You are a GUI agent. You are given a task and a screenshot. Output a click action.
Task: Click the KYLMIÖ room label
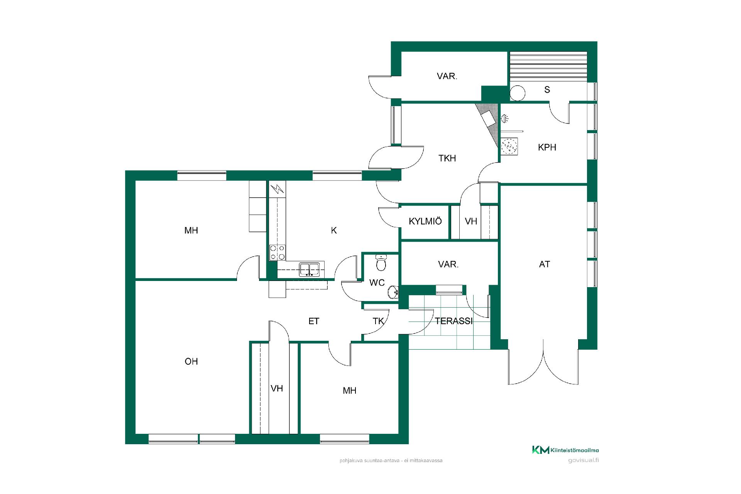tap(425, 221)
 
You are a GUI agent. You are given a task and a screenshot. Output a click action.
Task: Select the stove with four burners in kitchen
tap(277, 252)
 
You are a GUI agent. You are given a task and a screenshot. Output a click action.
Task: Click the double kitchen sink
tap(309, 269)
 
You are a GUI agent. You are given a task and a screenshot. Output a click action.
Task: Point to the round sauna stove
tap(518, 93)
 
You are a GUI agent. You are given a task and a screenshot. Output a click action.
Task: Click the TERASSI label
tap(453, 321)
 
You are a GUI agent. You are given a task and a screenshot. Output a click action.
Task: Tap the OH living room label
tap(191, 362)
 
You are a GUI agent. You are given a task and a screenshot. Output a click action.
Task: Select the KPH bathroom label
tap(547, 147)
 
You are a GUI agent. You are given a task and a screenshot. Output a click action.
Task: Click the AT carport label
tap(545, 264)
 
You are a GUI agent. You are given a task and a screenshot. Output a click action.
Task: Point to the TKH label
tap(447, 158)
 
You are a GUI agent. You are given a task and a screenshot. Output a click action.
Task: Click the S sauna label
tap(547, 90)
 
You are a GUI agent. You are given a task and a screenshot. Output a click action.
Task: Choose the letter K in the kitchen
tap(334, 230)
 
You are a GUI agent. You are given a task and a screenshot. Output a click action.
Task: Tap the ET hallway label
tap(314, 321)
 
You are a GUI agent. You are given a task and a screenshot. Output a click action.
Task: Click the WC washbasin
tap(393, 293)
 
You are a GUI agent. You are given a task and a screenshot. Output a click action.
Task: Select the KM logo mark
tap(540, 450)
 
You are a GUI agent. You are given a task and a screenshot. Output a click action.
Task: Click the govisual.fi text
tap(584, 460)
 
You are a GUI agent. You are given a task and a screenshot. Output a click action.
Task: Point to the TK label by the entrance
tap(378, 321)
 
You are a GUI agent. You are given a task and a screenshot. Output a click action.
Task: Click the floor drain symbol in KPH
tap(509, 146)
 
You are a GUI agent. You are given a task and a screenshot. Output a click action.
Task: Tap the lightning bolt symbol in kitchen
tap(277, 189)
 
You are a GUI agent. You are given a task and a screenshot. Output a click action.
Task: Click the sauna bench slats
tap(548, 67)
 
